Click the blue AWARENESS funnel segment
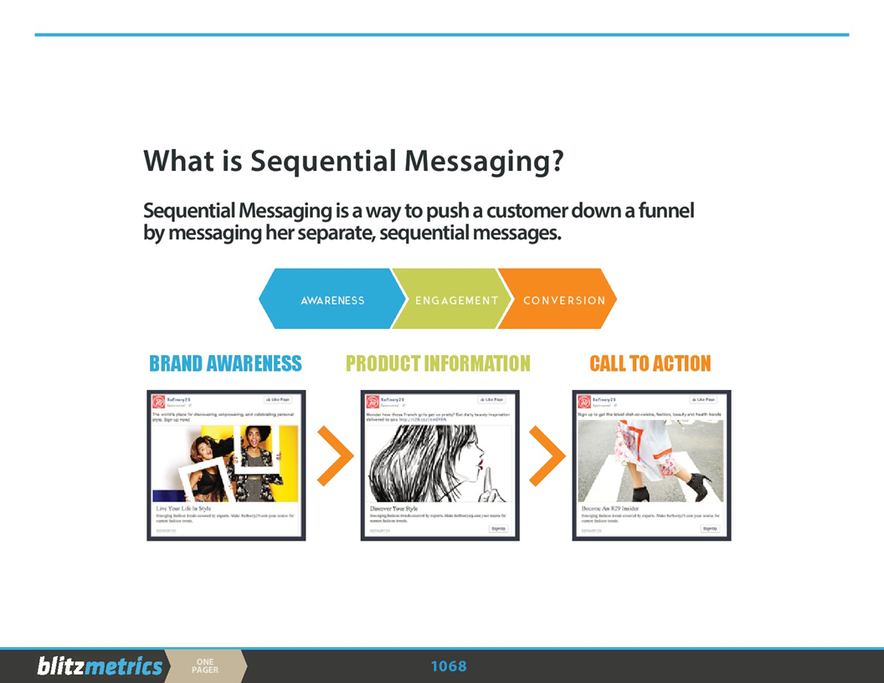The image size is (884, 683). point(332,300)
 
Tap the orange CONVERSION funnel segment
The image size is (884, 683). point(563,300)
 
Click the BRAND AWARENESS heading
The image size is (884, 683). point(225,363)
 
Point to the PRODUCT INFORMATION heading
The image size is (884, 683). point(438,363)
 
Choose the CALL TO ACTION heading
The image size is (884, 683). point(650,363)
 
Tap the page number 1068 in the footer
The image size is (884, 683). point(449,666)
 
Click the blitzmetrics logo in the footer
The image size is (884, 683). point(99,666)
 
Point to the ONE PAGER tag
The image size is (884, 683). point(205,666)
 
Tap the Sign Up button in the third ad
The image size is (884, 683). point(710,529)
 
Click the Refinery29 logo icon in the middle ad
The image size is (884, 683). point(372,402)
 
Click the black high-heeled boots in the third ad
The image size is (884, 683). point(670,487)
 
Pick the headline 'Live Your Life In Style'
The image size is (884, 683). point(183,508)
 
